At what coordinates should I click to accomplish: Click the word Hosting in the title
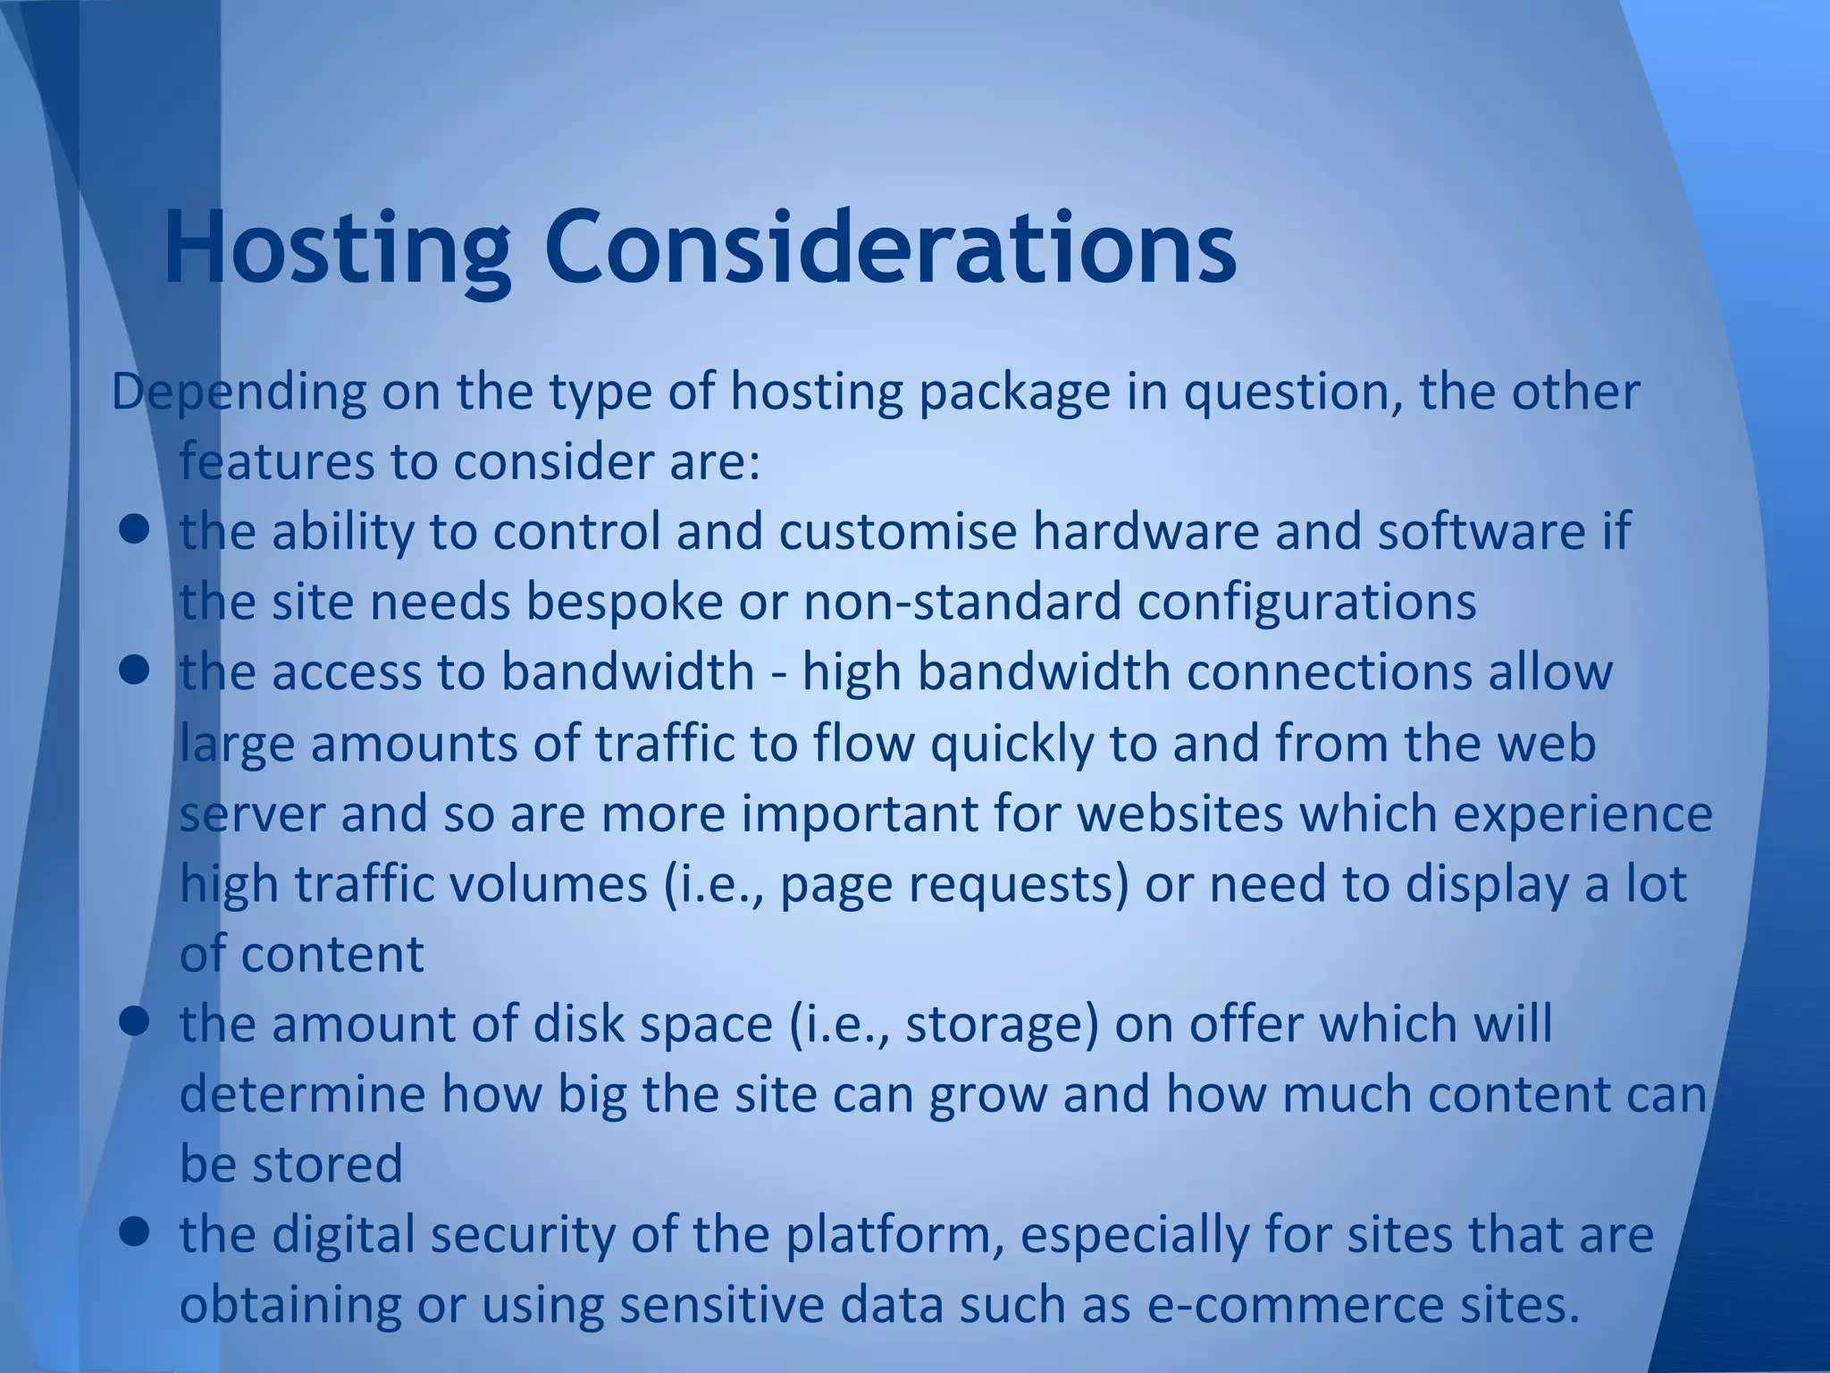337,247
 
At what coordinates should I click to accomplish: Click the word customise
898,532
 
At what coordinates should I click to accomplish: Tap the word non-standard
961,602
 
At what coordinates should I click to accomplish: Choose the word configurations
1307,602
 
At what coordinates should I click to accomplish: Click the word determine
303,1094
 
